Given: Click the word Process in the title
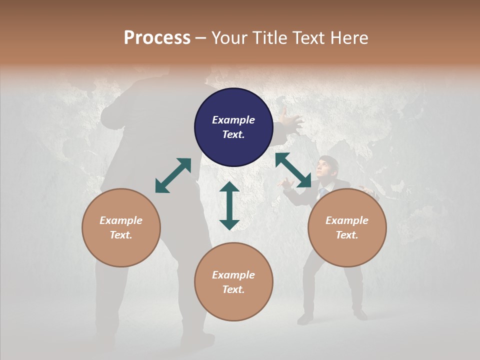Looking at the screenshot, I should (157, 37).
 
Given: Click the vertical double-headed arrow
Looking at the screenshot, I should (229, 205).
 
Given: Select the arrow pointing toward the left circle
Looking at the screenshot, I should (173, 175).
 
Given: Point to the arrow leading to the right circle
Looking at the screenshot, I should (293, 170).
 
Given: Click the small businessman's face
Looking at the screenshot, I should (328, 166).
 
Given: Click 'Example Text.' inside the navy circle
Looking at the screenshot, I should (233, 127).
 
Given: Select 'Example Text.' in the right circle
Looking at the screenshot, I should (347, 227).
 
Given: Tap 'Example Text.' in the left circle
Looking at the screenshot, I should (121, 227).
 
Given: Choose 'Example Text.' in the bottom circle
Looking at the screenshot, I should (233, 282).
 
